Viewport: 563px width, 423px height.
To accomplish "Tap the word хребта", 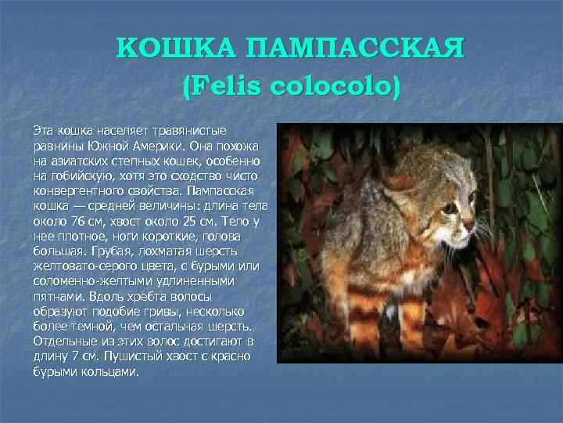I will point(139,298).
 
